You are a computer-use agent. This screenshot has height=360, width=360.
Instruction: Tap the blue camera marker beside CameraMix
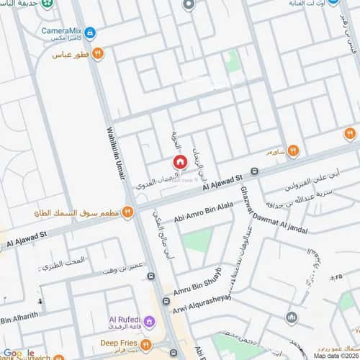pos(90,32)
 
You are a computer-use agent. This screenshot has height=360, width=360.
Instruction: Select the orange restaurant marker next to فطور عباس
pos(99,53)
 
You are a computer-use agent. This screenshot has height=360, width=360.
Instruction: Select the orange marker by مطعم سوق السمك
pos(127,212)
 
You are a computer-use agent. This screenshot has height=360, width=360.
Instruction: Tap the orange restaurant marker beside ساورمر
pos(293,150)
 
